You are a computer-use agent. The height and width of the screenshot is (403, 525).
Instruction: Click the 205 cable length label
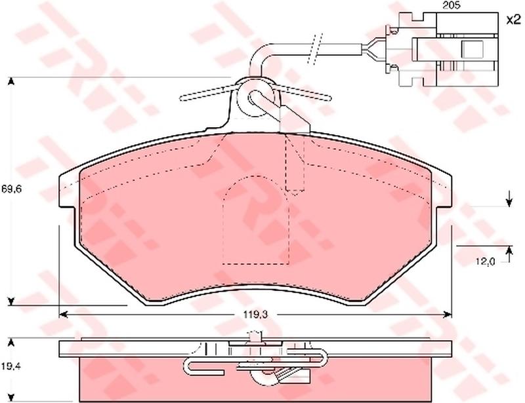[x=451, y=5]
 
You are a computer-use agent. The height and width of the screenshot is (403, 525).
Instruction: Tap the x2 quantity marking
[x=513, y=20]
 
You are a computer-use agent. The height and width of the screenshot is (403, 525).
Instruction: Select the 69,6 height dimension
[x=11, y=189]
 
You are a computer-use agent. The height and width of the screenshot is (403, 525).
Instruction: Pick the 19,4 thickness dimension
[x=11, y=366]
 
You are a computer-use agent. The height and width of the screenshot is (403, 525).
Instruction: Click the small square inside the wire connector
[x=472, y=49]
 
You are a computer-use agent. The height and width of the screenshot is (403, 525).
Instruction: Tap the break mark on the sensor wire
[x=315, y=49]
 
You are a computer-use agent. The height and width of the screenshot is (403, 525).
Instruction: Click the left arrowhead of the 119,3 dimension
[x=63, y=315]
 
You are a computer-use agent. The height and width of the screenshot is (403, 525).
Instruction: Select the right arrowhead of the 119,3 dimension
[x=448, y=315]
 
